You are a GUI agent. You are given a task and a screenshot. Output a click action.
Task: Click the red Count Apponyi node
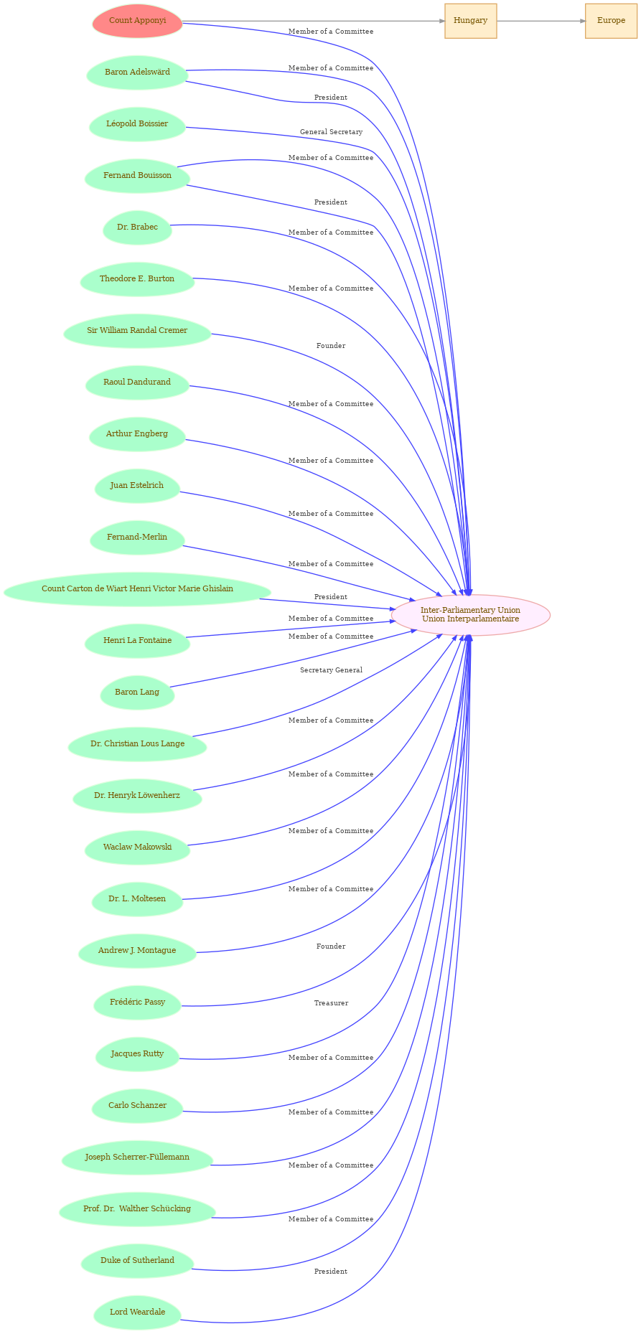137,21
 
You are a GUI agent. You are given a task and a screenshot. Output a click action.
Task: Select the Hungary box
470,21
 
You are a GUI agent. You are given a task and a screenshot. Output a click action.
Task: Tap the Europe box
611,21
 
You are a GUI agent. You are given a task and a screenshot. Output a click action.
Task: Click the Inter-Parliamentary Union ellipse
470,615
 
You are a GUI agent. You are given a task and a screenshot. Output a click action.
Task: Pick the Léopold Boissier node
137,124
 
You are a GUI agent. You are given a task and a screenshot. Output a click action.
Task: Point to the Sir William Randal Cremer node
137,331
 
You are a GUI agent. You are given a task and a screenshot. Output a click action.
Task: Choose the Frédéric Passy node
137,1002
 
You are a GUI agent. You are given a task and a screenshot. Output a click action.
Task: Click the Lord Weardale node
137,1312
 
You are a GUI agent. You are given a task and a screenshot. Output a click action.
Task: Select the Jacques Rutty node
137,1054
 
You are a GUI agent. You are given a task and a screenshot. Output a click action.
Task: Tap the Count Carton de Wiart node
137,589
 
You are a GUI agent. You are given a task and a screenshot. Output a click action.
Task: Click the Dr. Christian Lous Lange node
137,744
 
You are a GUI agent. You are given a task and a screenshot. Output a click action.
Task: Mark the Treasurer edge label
331,1003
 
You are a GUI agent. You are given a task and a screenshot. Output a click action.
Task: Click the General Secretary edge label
331,132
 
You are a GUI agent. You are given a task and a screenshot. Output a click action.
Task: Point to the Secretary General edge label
331,670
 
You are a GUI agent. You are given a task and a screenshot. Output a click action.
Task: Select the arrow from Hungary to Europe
541,21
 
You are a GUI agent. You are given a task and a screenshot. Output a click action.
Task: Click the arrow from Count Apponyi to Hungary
314,21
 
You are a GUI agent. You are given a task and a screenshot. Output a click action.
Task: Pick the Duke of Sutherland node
137,1261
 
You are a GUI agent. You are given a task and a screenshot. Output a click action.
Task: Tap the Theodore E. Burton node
137,279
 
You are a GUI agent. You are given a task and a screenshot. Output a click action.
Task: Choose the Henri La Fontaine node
137,641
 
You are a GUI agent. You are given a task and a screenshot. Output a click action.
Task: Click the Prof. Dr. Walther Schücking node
137,1209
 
